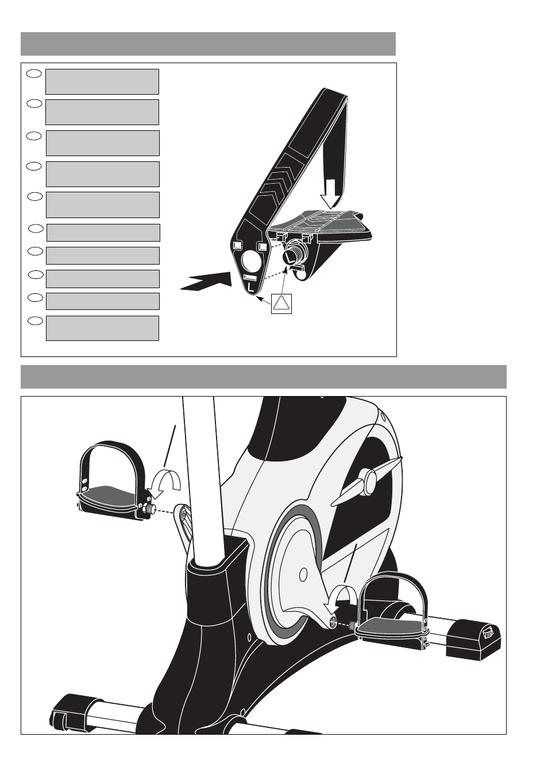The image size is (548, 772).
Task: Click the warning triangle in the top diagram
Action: tap(281, 304)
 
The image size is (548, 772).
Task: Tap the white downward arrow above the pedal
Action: tap(331, 194)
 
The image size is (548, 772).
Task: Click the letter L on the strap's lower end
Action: tap(250, 286)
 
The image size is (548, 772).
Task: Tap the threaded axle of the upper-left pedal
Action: tap(152, 509)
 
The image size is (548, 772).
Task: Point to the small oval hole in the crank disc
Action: tap(303, 574)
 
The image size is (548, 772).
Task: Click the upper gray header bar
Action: tap(208, 44)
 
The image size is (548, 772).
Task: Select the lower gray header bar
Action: tap(264, 377)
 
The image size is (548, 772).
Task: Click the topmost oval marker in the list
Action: tap(34, 73)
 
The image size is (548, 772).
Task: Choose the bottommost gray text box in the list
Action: tap(102, 328)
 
